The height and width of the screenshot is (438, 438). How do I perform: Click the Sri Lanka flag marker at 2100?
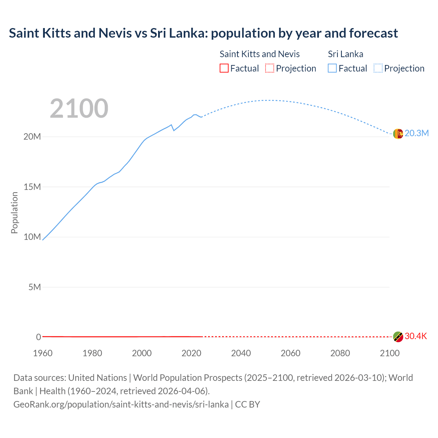[x=398, y=134]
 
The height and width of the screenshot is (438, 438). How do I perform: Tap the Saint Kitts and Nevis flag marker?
[x=398, y=337]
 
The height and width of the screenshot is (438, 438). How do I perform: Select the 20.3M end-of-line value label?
[x=416, y=133]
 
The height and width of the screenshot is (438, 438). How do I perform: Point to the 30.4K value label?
[x=416, y=336]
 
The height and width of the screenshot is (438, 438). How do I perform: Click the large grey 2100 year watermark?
[x=79, y=108]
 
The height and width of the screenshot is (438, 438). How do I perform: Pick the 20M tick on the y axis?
[x=32, y=137]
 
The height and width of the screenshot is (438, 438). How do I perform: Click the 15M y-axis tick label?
[x=32, y=187]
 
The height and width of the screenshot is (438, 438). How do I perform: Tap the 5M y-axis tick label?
[x=35, y=287]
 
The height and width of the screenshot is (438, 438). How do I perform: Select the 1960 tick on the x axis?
[x=43, y=353]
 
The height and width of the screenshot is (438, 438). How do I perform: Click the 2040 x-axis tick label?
[x=241, y=353]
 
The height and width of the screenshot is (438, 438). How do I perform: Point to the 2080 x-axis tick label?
[x=340, y=353]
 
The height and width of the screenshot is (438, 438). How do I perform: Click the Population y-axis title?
[x=14, y=212]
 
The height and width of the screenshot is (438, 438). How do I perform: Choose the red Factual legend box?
[x=224, y=68]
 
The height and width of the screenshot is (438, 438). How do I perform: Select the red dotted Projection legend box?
[x=270, y=68]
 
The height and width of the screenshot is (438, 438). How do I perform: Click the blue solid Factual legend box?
[x=332, y=68]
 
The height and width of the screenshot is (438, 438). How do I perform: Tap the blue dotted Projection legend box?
[x=378, y=68]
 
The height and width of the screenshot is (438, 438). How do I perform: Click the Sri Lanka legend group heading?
[x=346, y=54]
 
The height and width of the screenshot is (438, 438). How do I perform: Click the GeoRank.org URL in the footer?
[x=121, y=404]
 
